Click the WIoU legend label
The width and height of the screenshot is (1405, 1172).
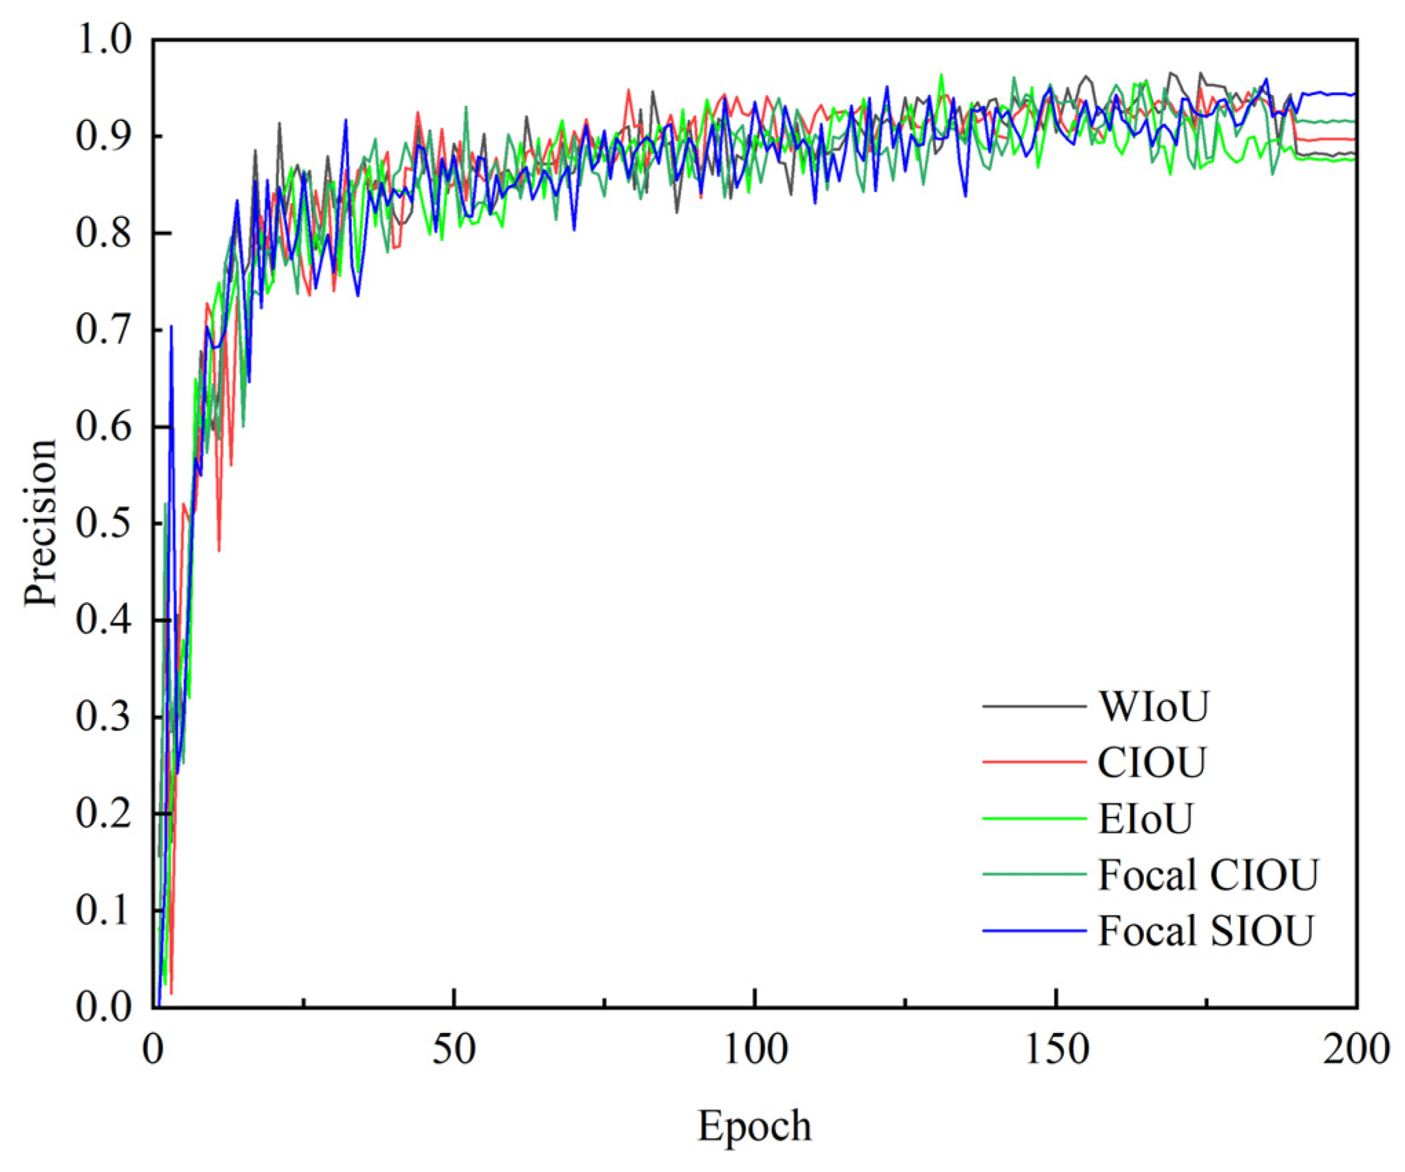coord(1153,707)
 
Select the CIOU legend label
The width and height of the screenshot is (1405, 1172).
coord(1152,763)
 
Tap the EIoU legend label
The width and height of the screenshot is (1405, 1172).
coord(1145,819)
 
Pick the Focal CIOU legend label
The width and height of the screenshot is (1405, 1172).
coord(1207,875)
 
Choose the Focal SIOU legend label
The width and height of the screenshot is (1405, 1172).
coord(1205,931)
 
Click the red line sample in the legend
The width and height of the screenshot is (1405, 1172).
coord(1034,763)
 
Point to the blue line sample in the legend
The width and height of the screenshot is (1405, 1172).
coord(1034,931)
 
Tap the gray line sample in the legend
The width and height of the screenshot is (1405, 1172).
coord(1034,707)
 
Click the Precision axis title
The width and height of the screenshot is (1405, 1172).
coord(40,523)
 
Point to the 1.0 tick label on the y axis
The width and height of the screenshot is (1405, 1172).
coord(103,40)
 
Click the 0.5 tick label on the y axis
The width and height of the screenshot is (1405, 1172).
coord(103,524)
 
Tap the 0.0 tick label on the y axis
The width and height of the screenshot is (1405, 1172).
coord(103,1008)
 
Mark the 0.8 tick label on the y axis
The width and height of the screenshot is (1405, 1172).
coord(103,233)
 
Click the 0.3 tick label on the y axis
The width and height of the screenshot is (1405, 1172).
coord(103,717)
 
